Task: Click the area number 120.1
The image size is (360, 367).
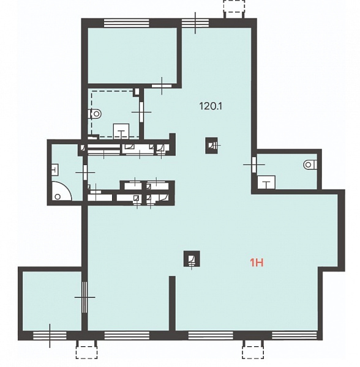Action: point(211,106)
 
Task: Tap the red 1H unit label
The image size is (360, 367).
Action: point(257,263)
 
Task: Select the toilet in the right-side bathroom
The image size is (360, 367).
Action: point(310,165)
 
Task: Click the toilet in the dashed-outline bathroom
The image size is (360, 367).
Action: point(95,114)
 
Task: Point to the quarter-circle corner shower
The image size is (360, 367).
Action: point(61,191)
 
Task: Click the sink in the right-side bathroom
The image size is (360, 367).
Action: point(266,182)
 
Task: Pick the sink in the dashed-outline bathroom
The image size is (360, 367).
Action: point(121,131)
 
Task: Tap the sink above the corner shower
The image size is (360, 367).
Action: point(54,169)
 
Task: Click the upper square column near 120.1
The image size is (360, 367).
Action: point(211,146)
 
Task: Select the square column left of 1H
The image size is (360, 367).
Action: point(192,259)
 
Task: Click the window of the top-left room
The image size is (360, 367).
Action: point(127,23)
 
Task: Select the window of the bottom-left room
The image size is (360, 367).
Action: point(50,335)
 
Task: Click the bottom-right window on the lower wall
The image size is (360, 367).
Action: point(294,335)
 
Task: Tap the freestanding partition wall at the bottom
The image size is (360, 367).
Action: point(172,303)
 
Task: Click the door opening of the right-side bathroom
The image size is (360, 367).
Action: point(254,165)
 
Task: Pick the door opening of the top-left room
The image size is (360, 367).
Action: point(162,86)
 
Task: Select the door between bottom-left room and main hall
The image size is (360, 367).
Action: point(84,297)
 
